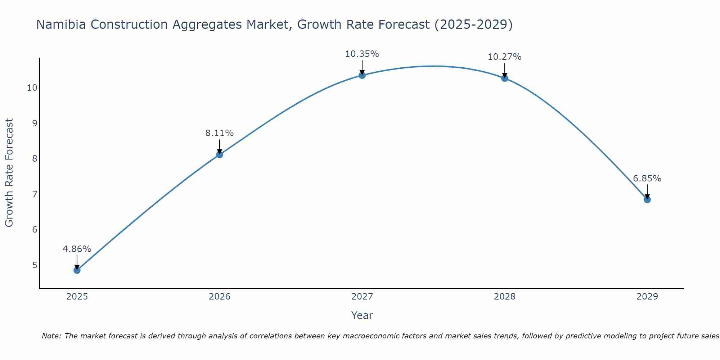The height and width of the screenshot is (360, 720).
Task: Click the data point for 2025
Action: tap(77, 270)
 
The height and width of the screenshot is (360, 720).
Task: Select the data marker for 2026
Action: tap(220, 154)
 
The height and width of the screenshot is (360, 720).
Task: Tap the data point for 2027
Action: tap(362, 75)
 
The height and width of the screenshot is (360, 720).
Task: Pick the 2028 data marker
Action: tap(505, 78)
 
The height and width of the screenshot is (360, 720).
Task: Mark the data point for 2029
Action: tap(647, 199)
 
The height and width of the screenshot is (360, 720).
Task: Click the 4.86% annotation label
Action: tap(77, 249)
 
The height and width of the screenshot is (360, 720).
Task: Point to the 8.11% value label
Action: tap(220, 133)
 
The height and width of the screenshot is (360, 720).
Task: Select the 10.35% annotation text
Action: tap(362, 54)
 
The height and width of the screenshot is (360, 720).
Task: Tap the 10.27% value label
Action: tap(505, 57)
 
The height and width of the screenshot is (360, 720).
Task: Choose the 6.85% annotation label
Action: tap(647, 179)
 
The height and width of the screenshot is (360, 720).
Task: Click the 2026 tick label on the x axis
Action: tap(220, 297)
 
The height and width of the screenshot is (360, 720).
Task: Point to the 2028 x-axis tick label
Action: tap(505, 297)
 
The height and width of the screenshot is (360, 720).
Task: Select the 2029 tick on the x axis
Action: tap(647, 297)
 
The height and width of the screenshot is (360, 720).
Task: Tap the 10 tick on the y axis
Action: tap(32, 88)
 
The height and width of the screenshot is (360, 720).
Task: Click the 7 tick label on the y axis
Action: tap(35, 194)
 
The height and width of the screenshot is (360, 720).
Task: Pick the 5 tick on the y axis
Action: tap(35, 265)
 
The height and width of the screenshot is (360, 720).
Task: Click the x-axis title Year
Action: tap(362, 315)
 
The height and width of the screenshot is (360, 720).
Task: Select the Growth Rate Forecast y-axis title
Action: tap(9, 173)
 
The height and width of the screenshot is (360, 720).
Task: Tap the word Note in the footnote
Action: tap(50, 336)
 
